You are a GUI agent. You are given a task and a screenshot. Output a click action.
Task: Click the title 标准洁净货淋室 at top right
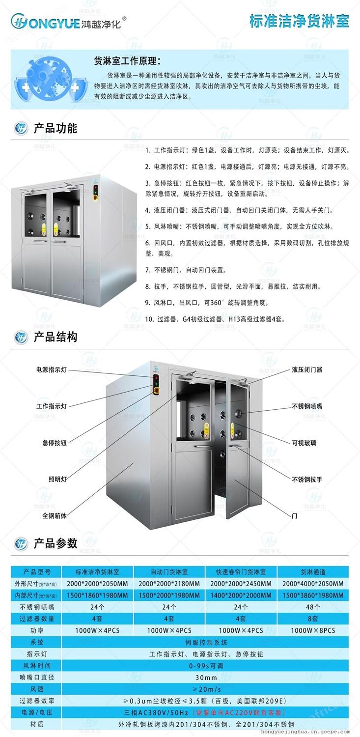(299, 22)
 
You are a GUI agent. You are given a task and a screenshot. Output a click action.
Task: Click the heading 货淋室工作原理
(127, 61)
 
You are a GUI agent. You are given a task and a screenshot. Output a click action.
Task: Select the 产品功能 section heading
(55, 128)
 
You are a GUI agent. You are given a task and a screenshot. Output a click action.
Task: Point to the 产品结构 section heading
(55, 337)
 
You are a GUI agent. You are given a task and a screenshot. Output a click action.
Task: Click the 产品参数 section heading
(55, 543)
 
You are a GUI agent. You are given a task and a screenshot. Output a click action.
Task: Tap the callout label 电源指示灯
(51, 370)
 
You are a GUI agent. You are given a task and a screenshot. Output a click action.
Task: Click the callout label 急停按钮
(54, 443)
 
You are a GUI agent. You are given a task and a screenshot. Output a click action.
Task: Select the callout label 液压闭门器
(307, 370)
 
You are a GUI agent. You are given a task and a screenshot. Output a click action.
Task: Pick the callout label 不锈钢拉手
(307, 480)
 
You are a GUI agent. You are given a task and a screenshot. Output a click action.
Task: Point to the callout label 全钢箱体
(54, 516)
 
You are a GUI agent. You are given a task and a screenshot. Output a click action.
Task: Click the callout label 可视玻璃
(304, 443)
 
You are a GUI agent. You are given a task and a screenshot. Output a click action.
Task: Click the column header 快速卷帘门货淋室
(241, 572)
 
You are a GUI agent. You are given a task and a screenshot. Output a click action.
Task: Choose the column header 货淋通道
(313, 572)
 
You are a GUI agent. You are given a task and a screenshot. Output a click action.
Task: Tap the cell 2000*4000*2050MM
(313, 584)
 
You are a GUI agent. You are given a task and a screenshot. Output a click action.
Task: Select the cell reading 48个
(313, 607)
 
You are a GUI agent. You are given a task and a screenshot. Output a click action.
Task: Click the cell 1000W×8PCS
(313, 630)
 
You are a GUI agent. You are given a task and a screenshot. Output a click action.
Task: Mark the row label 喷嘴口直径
(37, 677)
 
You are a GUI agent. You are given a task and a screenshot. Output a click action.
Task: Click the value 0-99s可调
(206, 666)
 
